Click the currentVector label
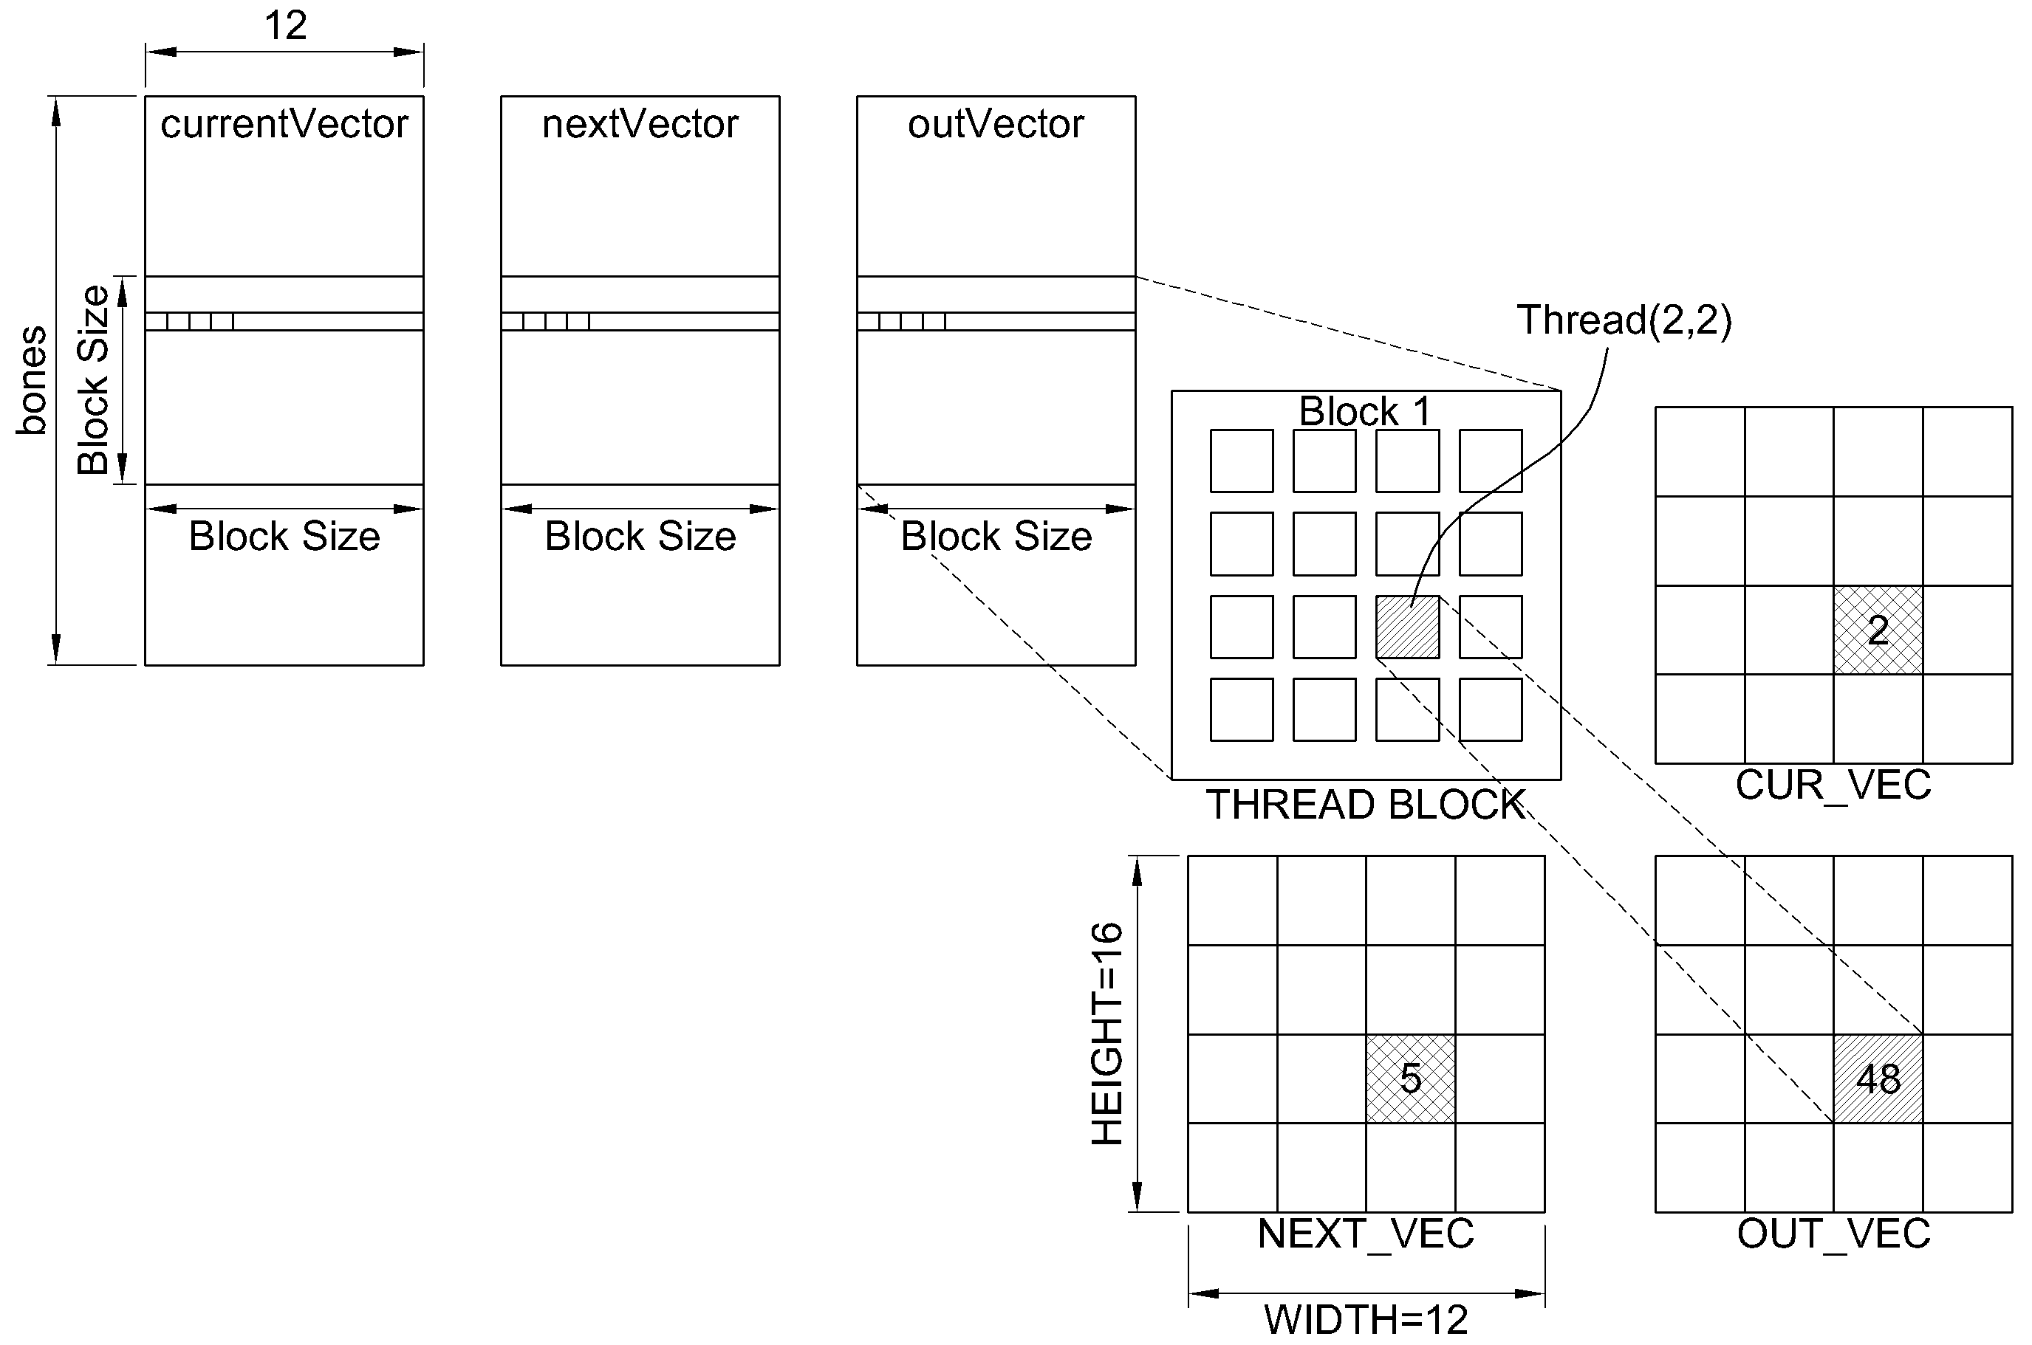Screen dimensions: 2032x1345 click(x=284, y=124)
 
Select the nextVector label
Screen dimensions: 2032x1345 click(x=640, y=124)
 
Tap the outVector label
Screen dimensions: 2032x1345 click(x=996, y=124)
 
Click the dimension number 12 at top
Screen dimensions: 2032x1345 click(x=286, y=26)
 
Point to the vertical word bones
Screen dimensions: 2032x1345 click(x=32, y=380)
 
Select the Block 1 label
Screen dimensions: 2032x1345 click(x=1364, y=411)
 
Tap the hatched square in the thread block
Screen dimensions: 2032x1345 click(x=1407, y=627)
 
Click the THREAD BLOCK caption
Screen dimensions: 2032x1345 click(x=1366, y=805)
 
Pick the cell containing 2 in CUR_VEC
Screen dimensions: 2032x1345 click(x=1878, y=630)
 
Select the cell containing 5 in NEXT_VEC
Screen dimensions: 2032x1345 click(x=1411, y=1079)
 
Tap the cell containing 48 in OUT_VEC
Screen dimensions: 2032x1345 click(x=1878, y=1079)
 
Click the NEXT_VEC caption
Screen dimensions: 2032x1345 click(x=1366, y=1234)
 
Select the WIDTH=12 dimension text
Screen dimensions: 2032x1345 click(x=1366, y=1319)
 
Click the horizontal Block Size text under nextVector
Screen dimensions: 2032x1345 click(x=640, y=536)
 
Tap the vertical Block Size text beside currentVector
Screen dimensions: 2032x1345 click(x=92, y=380)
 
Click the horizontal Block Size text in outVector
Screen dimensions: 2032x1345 click(x=996, y=536)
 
